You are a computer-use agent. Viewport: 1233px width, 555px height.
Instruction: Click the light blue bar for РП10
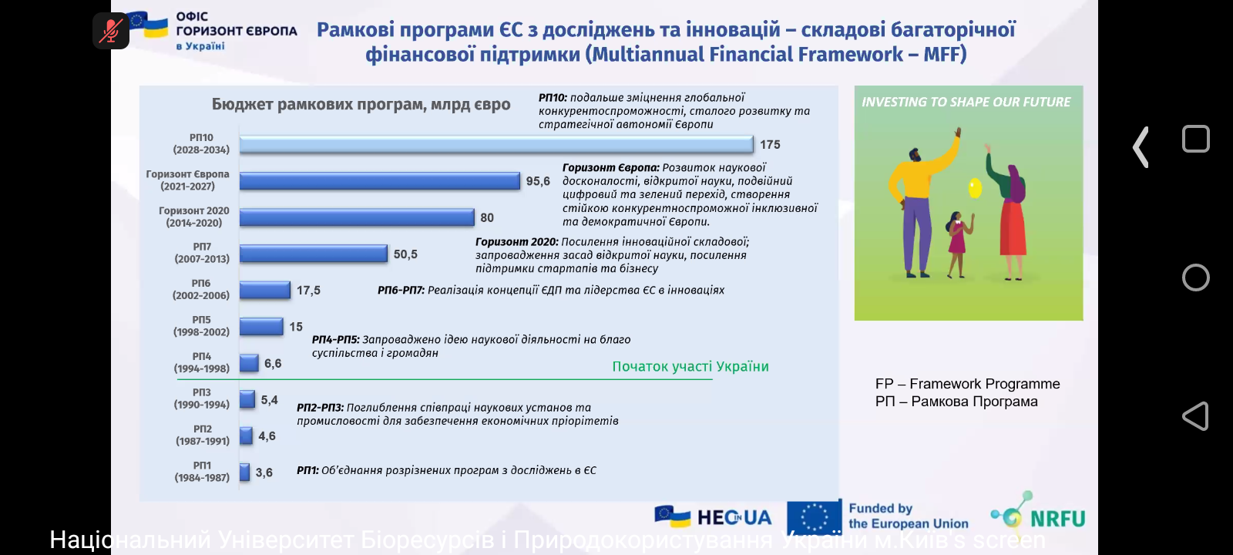tap(496, 144)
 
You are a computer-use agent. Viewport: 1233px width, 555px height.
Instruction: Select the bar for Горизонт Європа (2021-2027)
tap(379, 181)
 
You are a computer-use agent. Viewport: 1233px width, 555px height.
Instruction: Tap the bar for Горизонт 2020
tap(356, 217)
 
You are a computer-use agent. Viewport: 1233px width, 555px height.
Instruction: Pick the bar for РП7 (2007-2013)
tap(313, 254)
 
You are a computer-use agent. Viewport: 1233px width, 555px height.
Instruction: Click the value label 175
tap(770, 145)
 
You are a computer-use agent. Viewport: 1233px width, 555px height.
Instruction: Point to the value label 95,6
tap(538, 181)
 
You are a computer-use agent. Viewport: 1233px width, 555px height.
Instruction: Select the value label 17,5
tap(308, 291)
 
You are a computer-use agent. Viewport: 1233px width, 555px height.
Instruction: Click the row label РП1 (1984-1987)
tap(202, 472)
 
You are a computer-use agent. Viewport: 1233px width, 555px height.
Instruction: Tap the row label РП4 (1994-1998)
tap(202, 362)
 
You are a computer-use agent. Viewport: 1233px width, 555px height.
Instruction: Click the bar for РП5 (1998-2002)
tap(261, 327)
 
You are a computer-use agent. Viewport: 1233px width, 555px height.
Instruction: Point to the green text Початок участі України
tap(690, 367)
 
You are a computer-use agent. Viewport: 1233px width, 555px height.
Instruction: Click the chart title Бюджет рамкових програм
tap(361, 105)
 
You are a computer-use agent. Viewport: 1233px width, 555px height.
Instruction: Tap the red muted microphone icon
tap(111, 31)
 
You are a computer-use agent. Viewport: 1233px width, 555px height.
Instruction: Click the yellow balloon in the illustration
tap(975, 187)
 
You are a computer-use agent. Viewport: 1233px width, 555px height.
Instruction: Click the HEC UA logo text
tap(733, 517)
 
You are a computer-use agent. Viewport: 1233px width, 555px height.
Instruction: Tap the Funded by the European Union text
tap(908, 516)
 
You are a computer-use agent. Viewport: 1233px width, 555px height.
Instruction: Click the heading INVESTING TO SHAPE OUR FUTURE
tap(966, 102)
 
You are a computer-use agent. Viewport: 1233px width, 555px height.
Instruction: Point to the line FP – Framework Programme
tap(967, 384)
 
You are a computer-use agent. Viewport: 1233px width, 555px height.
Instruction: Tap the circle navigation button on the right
tap(1195, 277)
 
